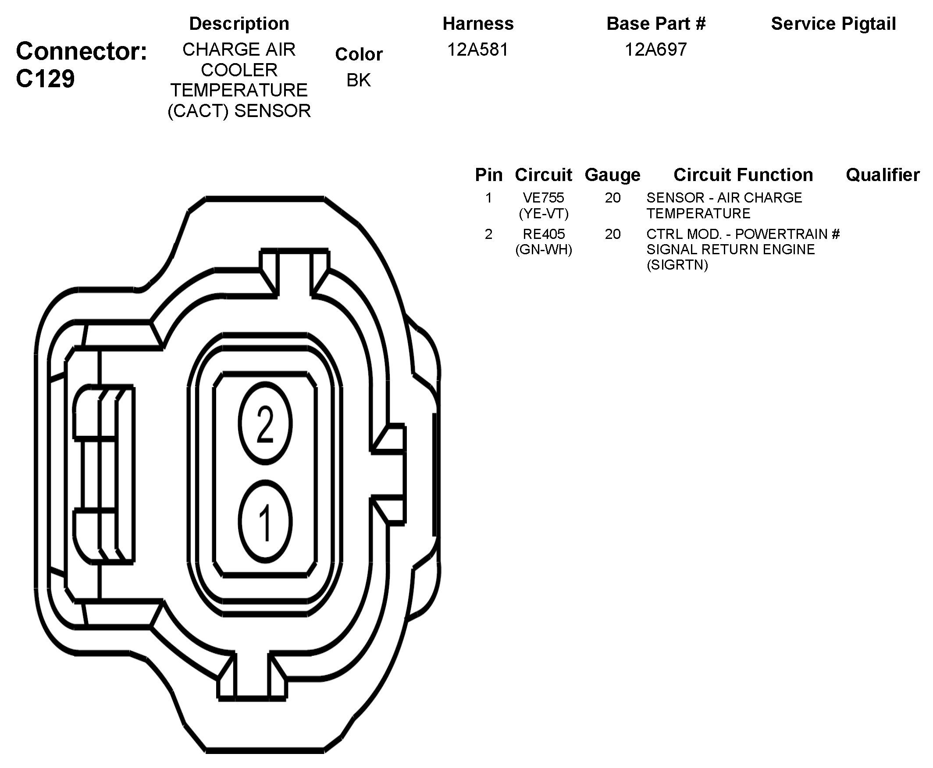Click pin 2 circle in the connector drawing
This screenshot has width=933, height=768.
point(265,423)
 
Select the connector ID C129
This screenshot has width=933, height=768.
point(45,79)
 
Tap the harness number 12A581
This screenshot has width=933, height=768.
point(478,50)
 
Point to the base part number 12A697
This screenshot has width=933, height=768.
point(655,50)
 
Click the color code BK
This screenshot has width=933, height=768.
point(358,80)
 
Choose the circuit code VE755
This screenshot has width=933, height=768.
point(543,197)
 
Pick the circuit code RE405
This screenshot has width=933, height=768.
point(543,234)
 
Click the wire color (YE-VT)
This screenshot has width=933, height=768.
point(543,213)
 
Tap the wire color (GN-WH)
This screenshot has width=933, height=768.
point(543,250)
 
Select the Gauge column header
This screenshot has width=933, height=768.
point(612,175)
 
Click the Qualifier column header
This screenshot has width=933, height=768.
point(883,175)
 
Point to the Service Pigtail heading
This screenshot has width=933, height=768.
point(833,24)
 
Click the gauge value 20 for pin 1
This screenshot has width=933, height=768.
point(612,198)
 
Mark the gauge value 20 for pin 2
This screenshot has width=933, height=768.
point(612,234)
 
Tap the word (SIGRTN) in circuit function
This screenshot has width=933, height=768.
point(677,265)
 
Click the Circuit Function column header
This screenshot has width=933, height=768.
point(743,175)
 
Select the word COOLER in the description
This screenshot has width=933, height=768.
point(239,70)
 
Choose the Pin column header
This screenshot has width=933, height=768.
point(488,175)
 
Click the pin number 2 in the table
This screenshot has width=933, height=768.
point(488,234)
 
